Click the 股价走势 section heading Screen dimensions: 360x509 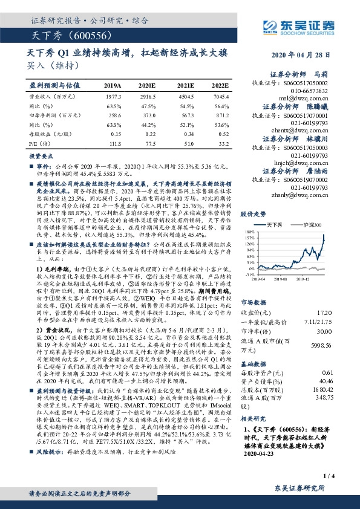pyautogui.click(x=254, y=214)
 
